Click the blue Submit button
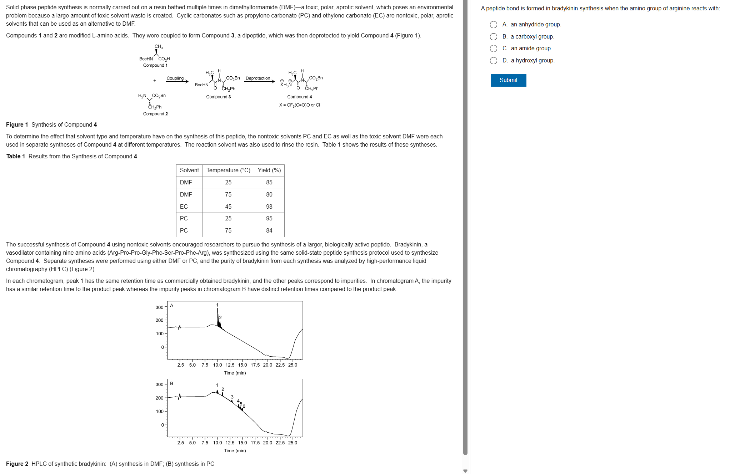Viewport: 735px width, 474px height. (508, 80)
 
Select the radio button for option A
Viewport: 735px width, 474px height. (493, 25)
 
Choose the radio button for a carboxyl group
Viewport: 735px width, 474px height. (493, 37)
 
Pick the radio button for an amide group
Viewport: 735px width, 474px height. (493, 49)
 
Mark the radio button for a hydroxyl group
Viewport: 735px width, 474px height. (493, 61)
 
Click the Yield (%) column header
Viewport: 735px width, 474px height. (269, 170)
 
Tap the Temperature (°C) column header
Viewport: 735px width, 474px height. (228, 170)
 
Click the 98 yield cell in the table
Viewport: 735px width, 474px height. (269, 207)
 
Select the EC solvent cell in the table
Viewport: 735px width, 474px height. (184, 207)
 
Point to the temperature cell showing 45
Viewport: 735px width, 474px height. (228, 207)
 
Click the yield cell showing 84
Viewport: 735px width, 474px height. (269, 231)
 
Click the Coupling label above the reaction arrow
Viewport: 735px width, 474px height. (175, 78)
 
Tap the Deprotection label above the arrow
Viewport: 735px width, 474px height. (258, 78)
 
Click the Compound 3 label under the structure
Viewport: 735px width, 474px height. (219, 97)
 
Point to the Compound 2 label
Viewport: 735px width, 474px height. (155, 114)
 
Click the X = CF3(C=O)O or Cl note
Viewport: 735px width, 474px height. (300, 105)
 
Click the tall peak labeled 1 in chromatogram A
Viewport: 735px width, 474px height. (217, 316)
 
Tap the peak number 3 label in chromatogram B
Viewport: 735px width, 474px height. (232, 397)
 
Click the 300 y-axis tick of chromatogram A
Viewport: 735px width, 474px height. (159, 307)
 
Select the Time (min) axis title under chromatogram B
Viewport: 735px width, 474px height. (235, 451)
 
